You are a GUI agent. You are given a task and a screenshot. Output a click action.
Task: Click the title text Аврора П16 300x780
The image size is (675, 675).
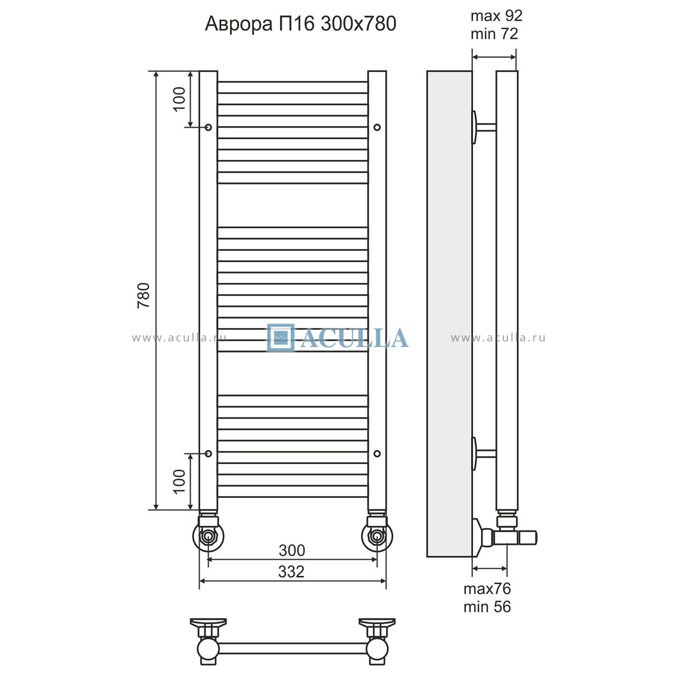(300, 24)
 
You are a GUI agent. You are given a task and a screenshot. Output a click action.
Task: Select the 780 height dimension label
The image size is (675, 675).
(143, 295)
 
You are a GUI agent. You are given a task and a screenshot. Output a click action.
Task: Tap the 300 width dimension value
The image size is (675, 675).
(292, 550)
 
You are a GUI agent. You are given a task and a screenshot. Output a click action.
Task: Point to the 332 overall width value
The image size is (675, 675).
(291, 571)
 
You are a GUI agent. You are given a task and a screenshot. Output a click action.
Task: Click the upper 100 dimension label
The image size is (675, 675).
(179, 99)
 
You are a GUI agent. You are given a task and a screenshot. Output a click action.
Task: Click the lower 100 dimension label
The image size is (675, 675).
(179, 481)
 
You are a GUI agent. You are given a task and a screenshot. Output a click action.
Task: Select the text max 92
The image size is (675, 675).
(496, 16)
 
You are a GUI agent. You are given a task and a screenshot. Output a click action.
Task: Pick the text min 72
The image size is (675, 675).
(494, 34)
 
